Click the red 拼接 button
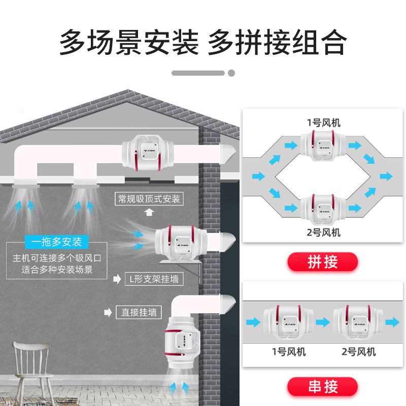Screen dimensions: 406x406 (323, 262)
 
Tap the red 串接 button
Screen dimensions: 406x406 (323, 386)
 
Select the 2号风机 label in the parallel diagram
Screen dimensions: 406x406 (323, 232)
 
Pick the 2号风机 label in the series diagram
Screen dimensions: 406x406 (358, 351)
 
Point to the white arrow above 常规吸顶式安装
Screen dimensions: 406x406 (149, 212)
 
